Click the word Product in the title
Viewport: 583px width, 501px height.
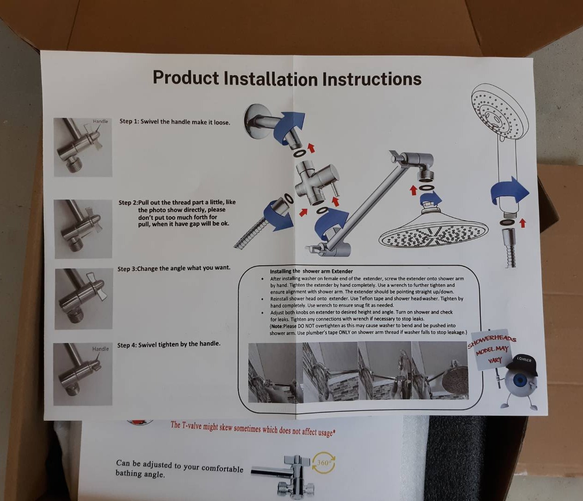[x=186, y=77]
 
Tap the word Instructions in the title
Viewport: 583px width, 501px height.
[x=372, y=79]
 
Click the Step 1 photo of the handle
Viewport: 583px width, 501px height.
[x=83, y=147]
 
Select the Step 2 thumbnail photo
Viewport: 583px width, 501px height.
[x=83, y=229]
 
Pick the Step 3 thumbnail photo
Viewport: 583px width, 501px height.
[x=84, y=299]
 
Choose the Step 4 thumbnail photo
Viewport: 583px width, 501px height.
[x=83, y=374]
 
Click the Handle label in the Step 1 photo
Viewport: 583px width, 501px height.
[x=100, y=121]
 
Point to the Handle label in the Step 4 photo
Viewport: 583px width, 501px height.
[x=100, y=349]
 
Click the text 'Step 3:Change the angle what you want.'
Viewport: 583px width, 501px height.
[x=174, y=268]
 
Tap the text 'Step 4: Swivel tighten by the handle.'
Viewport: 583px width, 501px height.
[x=168, y=344]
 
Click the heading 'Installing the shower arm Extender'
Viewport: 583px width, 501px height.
[x=311, y=271]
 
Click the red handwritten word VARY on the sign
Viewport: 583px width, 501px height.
[x=493, y=360]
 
